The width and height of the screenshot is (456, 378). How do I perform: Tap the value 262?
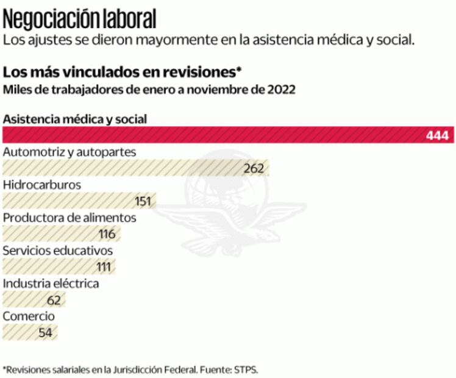pos(253,168)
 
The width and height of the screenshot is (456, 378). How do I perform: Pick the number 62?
pos(54,300)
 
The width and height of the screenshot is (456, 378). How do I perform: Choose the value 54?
pos(46,333)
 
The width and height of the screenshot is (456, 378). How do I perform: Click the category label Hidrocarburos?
pos(42,184)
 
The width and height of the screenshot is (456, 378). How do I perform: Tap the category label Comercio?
pos(29,316)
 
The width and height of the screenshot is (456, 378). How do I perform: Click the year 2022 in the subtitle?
pos(281,90)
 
